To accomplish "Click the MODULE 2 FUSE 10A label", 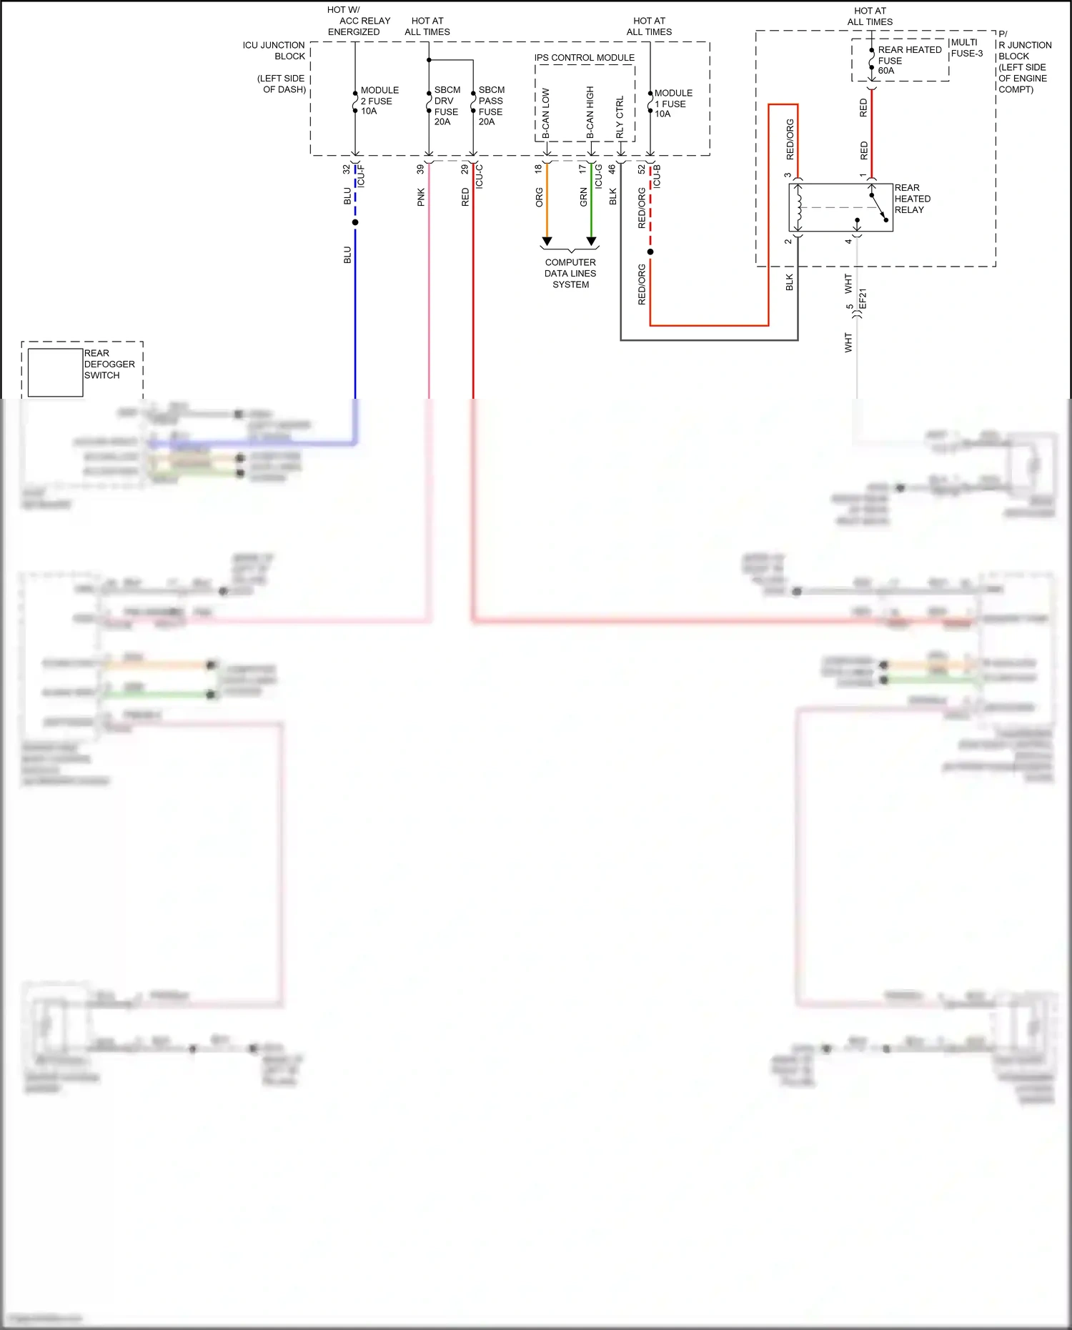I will (x=379, y=101).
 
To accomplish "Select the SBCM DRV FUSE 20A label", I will (x=447, y=106).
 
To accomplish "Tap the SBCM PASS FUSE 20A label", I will (x=491, y=106).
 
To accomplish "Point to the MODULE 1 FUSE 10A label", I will (x=673, y=104).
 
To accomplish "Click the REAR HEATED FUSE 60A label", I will (x=908, y=60).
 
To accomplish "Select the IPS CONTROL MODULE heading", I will (x=584, y=58).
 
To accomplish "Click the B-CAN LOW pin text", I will (x=546, y=113).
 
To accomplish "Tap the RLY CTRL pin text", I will (x=620, y=116).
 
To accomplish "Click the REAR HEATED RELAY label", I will (x=912, y=199).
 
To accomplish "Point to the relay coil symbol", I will (x=798, y=207).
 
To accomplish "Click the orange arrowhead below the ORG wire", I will (x=547, y=242).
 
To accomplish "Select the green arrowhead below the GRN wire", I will (x=591, y=242).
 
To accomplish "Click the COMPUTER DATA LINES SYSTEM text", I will (x=570, y=274).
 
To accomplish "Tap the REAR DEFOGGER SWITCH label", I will (x=109, y=364).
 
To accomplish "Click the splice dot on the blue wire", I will (x=355, y=222).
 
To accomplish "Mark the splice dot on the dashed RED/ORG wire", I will (x=650, y=252).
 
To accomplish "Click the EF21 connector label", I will (x=863, y=299).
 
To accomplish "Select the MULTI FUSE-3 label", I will (x=966, y=48).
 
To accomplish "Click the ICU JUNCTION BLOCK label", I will (x=274, y=50).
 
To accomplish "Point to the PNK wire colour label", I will (x=421, y=197).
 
